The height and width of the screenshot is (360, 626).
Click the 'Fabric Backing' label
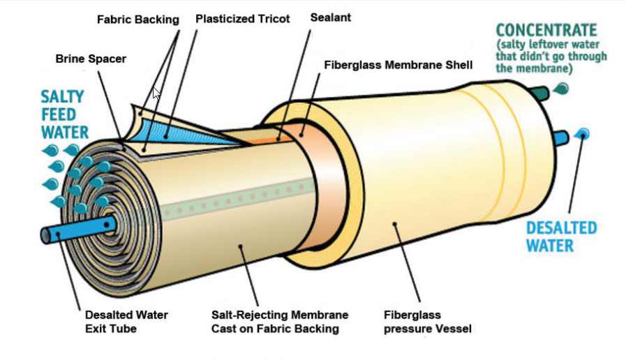click(x=137, y=20)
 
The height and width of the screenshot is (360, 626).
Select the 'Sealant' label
click(x=330, y=17)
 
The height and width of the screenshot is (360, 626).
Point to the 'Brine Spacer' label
click(x=91, y=59)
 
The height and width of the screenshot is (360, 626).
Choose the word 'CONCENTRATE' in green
click(x=546, y=31)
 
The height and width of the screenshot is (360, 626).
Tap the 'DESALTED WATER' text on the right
click(x=560, y=237)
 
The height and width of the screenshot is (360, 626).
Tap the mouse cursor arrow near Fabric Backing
click(x=156, y=93)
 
